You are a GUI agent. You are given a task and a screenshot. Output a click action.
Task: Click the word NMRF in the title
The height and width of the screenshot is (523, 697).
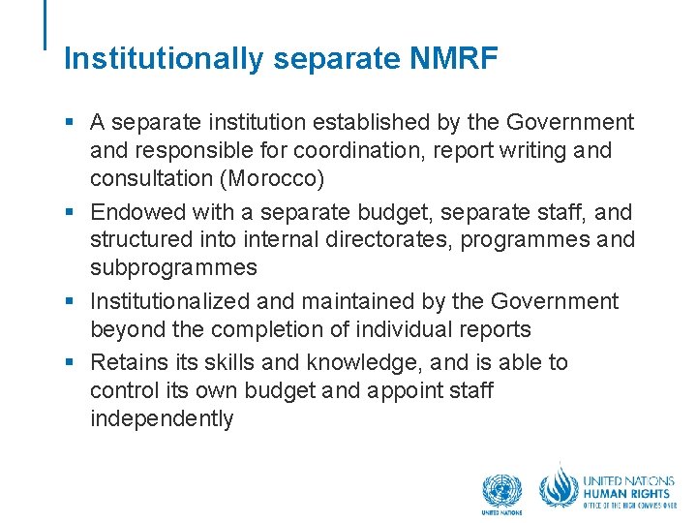click(453, 59)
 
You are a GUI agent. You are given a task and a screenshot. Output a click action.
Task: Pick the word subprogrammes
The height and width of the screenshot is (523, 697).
click(173, 267)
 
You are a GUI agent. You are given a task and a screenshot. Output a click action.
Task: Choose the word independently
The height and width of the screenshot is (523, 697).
click(162, 419)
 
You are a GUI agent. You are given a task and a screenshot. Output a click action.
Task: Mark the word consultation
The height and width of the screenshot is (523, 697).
click(150, 178)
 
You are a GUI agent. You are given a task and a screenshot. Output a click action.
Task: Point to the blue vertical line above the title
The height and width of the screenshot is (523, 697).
click(45, 24)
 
